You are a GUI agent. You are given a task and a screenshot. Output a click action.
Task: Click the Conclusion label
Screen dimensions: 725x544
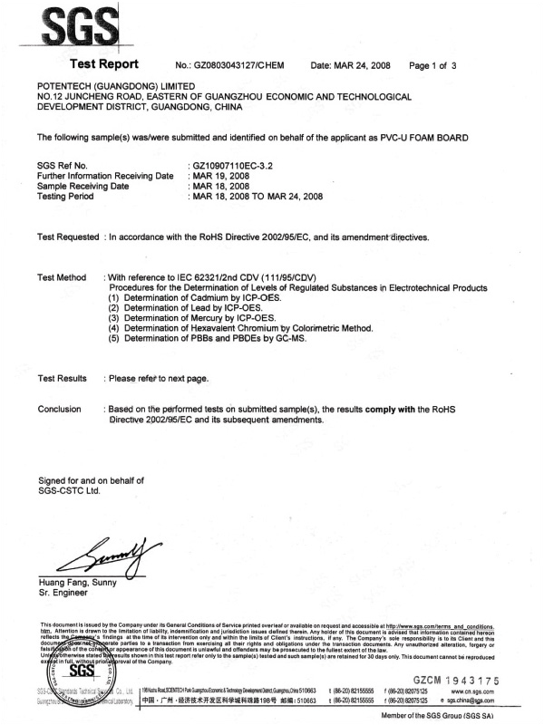(x=60, y=409)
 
